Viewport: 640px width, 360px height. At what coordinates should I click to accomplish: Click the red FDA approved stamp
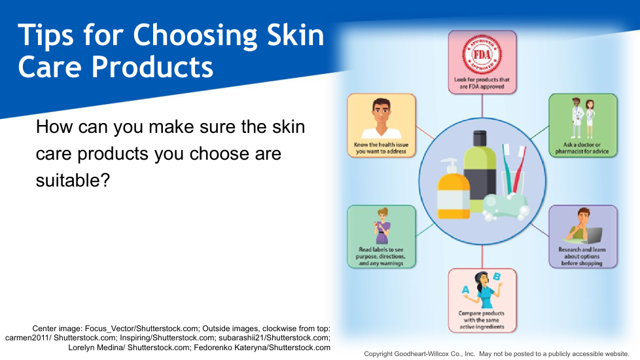pos(482,54)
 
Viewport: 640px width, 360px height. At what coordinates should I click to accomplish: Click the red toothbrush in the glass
pos(519,169)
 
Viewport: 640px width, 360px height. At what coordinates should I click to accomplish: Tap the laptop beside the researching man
pos(592,236)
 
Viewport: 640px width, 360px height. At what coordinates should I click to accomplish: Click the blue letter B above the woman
pos(497,277)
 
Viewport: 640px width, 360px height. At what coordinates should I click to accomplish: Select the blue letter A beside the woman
pos(465,290)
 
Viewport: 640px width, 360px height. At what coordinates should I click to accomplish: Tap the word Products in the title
pos(152,67)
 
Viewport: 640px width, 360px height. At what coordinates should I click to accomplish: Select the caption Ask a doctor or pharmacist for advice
pos(582,148)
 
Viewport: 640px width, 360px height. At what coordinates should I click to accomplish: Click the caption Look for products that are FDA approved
pos(482,83)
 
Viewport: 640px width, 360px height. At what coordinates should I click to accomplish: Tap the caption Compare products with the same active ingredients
pos(482,320)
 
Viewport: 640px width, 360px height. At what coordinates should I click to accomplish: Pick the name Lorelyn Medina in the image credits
pos(97,348)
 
